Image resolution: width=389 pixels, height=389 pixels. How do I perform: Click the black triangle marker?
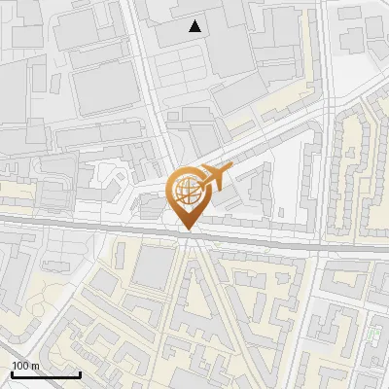(196, 26)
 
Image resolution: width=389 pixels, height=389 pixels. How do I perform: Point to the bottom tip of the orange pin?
(186, 230)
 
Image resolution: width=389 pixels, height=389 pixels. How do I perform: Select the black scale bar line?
(45, 374)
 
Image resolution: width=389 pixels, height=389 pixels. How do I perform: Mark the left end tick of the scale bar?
(12, 372)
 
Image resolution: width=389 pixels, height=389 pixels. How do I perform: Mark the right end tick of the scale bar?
(79, 372)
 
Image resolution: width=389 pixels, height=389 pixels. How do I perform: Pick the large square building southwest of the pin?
(152, 267)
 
